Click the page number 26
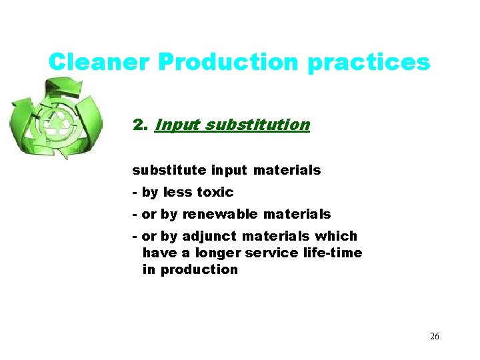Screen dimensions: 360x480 pos(434,336)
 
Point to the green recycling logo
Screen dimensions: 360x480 pos(57,118)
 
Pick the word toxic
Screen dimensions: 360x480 pos(215,192)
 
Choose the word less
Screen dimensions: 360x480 pos(177,192)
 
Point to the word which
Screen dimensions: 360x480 pos(336,236)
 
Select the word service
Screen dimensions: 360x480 pos(269,253)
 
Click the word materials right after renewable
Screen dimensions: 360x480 pos(297,214)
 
